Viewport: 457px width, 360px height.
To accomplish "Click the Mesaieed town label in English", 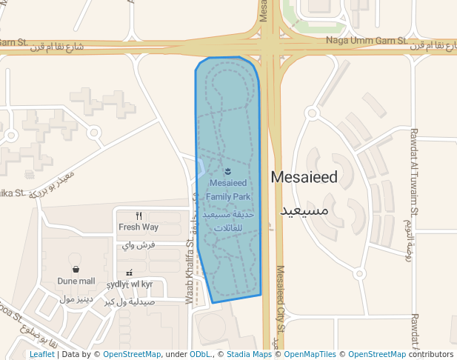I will point(304,178).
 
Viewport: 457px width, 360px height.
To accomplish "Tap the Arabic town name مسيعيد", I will point(304,211).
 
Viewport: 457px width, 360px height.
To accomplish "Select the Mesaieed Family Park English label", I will point(229,190).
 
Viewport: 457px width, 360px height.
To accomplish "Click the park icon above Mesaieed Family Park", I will point(227,173).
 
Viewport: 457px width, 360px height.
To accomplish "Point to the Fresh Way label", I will point(139,227).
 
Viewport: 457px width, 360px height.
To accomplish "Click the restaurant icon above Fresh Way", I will point(139,216).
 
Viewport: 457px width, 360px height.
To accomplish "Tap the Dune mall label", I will point(76,281).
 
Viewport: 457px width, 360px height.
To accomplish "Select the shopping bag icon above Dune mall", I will point(76,270).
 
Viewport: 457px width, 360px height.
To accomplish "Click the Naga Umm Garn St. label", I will point(367,41).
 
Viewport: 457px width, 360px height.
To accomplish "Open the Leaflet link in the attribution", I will point(42,355).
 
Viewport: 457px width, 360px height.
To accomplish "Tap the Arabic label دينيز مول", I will point(75,299).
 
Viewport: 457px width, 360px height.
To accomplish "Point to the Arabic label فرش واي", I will point(139,244).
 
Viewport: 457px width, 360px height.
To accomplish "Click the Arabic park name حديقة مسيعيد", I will point(229,214).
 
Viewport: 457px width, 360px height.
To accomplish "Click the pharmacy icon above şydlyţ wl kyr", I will point(130,273).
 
